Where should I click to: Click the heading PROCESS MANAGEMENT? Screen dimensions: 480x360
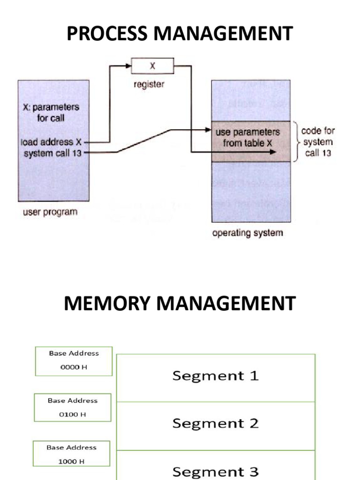[x=180, y=35]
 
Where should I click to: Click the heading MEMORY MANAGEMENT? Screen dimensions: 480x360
[x=180, y=303]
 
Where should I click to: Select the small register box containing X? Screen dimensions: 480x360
[x=152, y=66]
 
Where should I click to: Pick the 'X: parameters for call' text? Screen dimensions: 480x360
[x=51, y=112]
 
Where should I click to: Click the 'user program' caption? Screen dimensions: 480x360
[x=50, y=212]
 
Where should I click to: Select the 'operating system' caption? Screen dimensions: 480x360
[x=247, y=232]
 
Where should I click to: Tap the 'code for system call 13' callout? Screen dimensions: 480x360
[x=318, y=142]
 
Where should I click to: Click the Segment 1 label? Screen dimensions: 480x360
[x=215, y=376]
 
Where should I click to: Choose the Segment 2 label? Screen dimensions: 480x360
[x=215, y=424]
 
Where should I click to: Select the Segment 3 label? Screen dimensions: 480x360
[x=215, y=471]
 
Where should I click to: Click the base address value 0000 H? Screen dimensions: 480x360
[x=74, y=367]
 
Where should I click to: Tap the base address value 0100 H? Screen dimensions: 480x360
[x=73, y=414]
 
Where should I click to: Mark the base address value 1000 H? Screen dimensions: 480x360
[x=71, y=461]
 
